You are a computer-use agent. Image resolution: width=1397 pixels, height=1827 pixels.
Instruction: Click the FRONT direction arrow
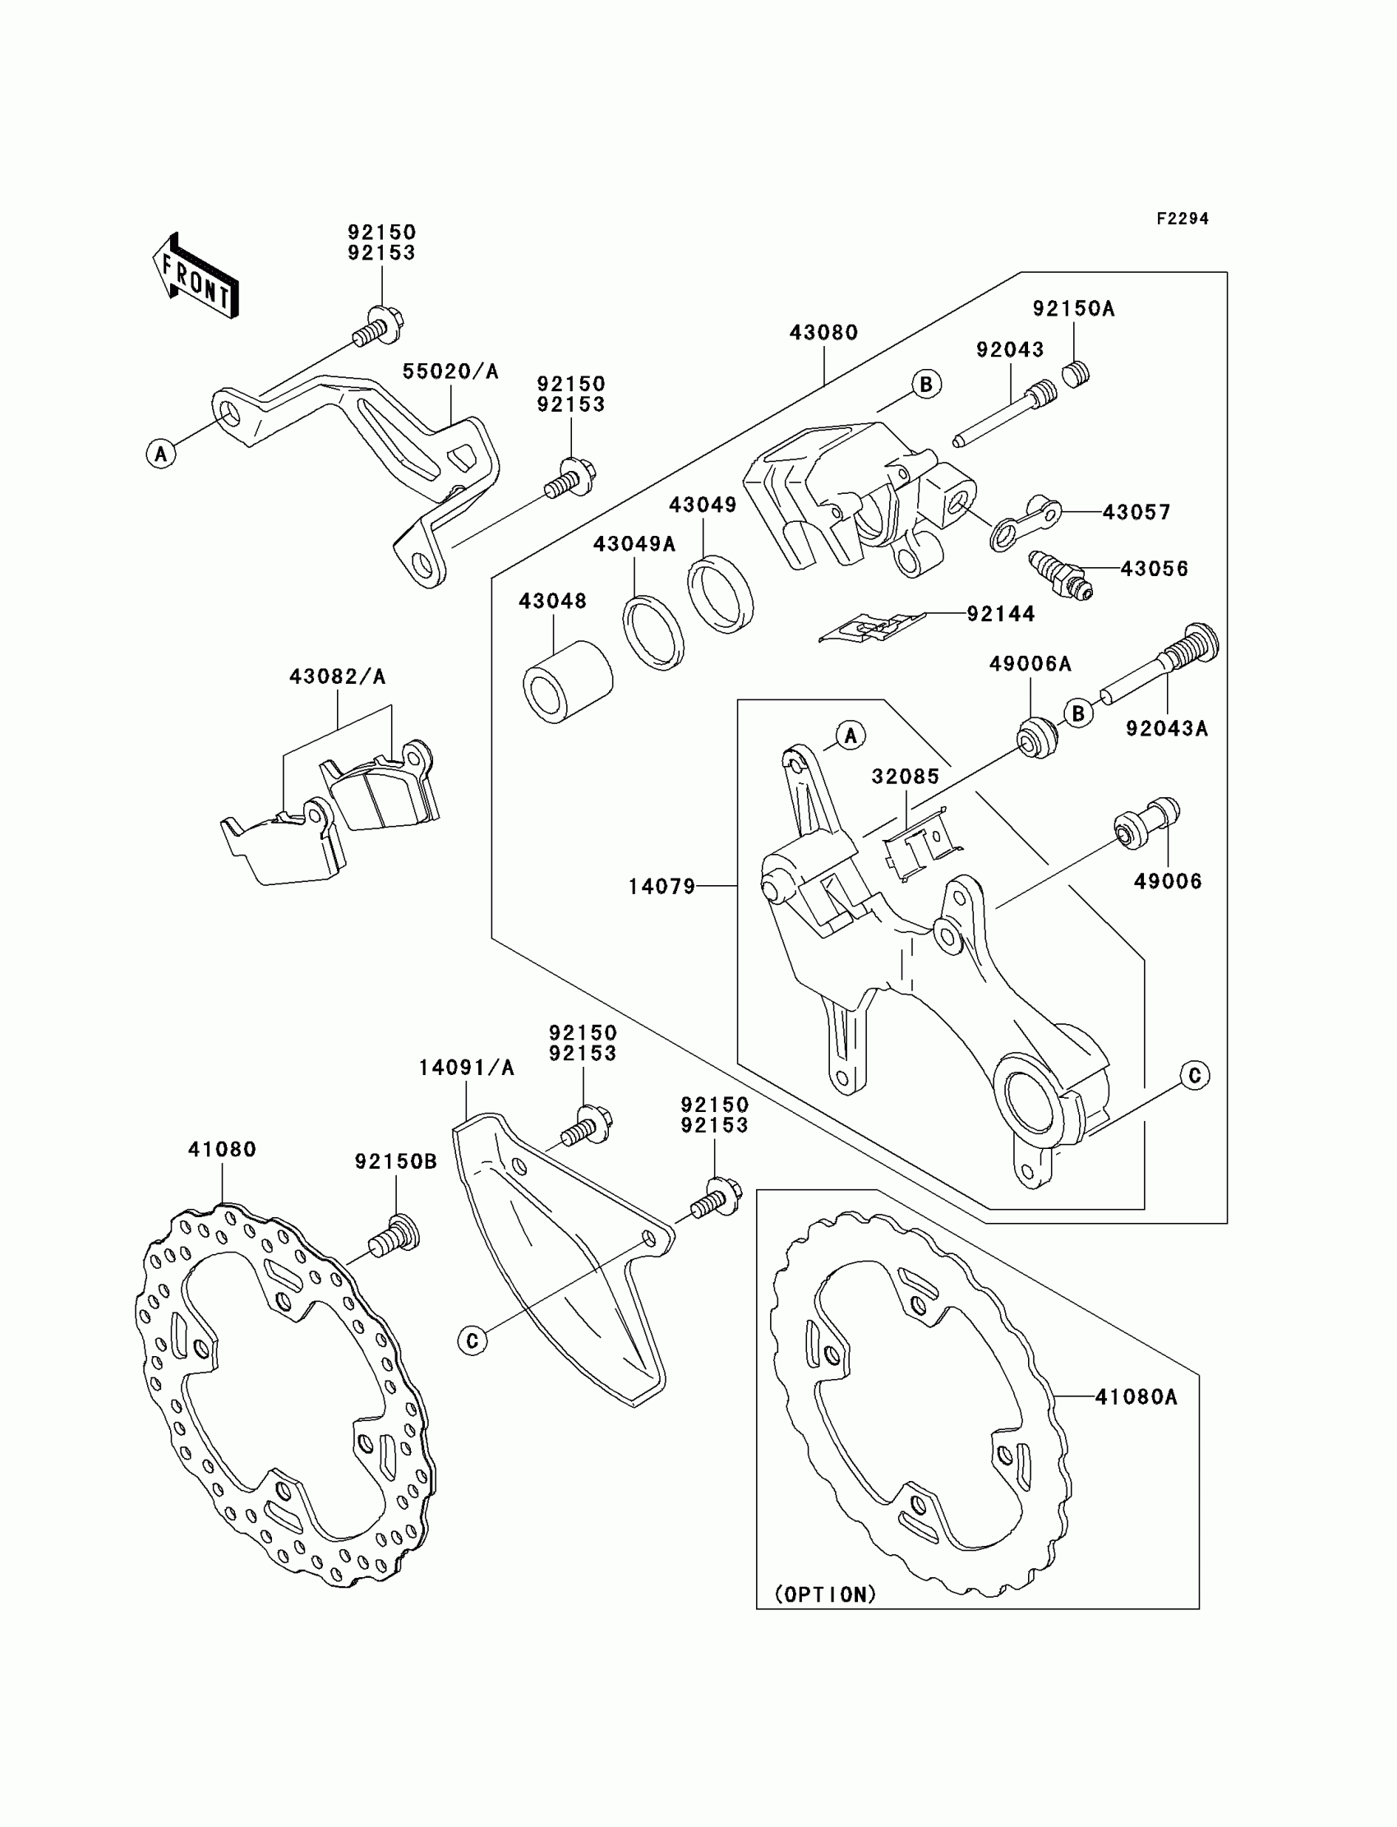pyautogui.click(x=196, y=278)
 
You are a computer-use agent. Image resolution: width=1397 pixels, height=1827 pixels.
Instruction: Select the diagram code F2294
pyautogui.click(x=1182, y=219)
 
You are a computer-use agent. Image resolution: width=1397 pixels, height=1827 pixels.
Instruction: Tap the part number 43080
pyautogui.click(x=823, y=333)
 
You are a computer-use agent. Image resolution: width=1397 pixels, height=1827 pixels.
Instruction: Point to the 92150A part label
pyautogui.click(x=1073, y=308)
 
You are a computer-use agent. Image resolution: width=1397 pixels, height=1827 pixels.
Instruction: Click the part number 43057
pyautogui.click(x=1136, y=512)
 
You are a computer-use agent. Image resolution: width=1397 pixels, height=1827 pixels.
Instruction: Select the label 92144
pyautogui.click(x=1000, y=614)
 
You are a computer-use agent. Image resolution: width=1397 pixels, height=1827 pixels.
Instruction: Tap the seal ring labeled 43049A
pyautogui.click(x=653, y=634)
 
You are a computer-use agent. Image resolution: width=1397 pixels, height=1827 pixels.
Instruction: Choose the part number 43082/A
pyautogui.click(x=338, y=677)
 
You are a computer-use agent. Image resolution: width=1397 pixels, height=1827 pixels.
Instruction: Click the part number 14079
pyautogui.click(x=661, y=887)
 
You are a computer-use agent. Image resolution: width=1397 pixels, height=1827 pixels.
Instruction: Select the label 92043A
pyautogui.click(x=1167, y=728)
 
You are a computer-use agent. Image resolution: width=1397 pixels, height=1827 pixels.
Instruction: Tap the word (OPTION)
pyautogui.click(x=825, y=1594)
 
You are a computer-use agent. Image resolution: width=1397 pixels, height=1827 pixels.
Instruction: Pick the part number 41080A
pyautogui.click(x=1136, y=1397)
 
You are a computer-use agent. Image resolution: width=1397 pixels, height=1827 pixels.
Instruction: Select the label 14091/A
pyautogui.click(x=467, y=1068)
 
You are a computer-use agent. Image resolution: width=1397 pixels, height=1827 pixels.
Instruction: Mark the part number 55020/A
pyautogui.click(x=450, y=371)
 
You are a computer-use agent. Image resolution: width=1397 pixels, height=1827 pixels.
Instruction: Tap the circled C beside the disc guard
pyautogui.click(x=473, y=1340)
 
